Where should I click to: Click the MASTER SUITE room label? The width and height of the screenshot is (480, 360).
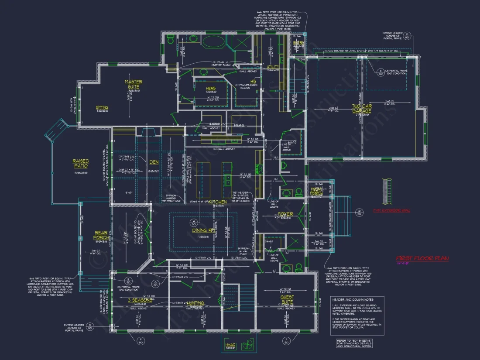point(134,84)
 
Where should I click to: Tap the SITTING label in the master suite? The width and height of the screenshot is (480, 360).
point(102,108)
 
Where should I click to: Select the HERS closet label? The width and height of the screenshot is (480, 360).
point(211,89)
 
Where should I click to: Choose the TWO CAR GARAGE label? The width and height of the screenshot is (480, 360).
point(362,108)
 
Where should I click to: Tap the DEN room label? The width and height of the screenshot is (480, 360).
point(154,162)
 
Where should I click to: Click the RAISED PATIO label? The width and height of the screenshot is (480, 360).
point(80,164)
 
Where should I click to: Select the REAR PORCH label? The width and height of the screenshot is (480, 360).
point(101,235)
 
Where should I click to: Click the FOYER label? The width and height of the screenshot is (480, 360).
point(285,214)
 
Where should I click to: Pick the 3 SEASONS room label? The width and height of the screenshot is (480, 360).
point(140,300)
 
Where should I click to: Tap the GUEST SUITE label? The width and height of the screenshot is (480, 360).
point(287,300)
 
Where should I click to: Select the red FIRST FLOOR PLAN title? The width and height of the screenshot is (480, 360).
point(422,258)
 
